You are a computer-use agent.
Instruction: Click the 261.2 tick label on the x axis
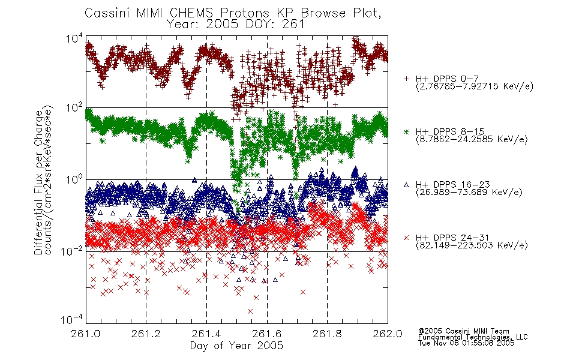tap(146, 334)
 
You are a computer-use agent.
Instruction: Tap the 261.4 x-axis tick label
tap(206, 334)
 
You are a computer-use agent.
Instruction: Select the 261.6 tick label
tap(267, 334)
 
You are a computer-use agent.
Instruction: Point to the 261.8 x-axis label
tap(327, 334)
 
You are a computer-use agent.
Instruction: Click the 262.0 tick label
tap(388, 334)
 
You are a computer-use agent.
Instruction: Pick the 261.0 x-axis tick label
tap(86, 334)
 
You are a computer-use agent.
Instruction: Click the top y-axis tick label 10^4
tap(74, 38)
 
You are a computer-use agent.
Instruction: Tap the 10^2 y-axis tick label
tap(74, 108)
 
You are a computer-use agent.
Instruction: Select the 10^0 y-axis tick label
tap(74, 180)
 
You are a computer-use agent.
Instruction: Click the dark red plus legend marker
tap(406, 79)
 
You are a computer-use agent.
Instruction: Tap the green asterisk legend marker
tap(406, 131)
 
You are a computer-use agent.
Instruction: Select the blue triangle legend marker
tap(406, 185)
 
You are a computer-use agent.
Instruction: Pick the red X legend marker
tap(406, 238)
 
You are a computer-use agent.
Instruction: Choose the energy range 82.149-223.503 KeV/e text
tap(472, 245)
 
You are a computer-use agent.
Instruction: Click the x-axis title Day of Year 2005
tap(236, 346)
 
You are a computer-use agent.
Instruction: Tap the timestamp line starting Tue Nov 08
tap(466, 343)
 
